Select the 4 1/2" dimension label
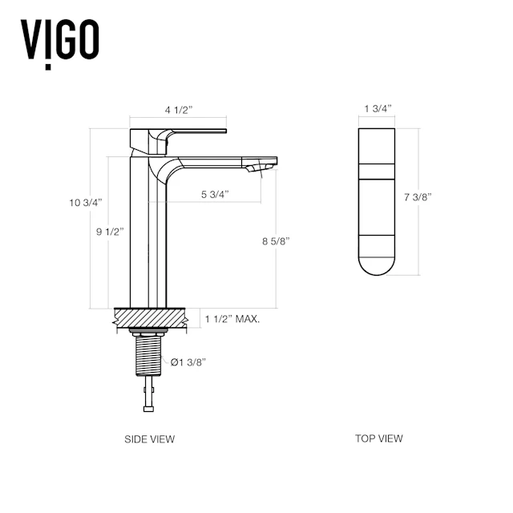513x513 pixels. pos(178,111)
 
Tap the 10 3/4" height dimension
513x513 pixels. pos(86,204)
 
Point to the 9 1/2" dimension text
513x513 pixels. pos(108,232)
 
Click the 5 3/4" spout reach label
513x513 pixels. pos(215,195)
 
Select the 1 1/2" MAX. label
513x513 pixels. pos(232,319)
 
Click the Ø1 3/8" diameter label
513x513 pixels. pos(189,362)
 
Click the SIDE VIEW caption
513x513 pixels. pos(149,439)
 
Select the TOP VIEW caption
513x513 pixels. pos(378,438)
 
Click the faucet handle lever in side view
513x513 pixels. pos(184,131)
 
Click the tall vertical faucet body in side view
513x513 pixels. pos(151,240)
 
